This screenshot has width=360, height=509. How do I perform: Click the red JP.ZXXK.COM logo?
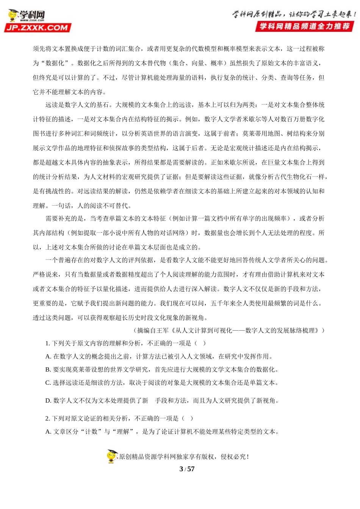point(37,28)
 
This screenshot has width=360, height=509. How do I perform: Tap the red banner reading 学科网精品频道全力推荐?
point(304,27)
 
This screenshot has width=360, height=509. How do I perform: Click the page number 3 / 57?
point(187,469)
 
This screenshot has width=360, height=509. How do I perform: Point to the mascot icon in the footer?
point(112,456)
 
